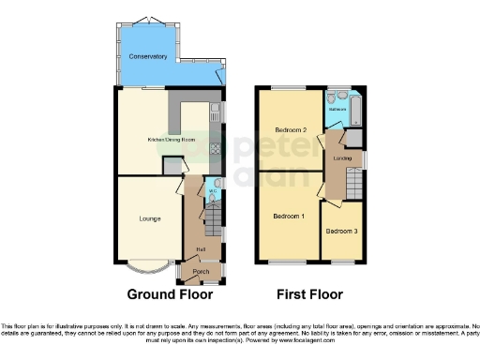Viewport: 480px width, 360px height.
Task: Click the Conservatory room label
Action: click(147, 57)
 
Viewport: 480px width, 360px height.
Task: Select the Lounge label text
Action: click(149, 219)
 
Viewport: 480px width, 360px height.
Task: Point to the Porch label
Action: click(201, 272)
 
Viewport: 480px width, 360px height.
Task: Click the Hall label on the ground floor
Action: click(199, 248)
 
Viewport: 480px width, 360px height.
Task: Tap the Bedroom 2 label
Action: click(292, 129)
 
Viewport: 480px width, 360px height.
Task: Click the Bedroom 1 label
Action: click(289, 217)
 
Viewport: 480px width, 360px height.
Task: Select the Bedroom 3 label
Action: click(341, 231)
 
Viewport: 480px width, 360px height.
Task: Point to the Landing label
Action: click(342, 158)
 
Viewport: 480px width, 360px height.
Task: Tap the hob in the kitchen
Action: click(215, 147)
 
